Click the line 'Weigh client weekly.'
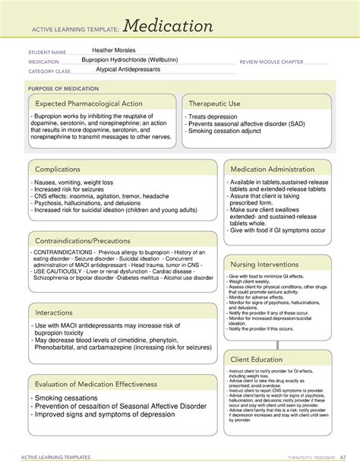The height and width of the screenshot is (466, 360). (251, 281)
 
